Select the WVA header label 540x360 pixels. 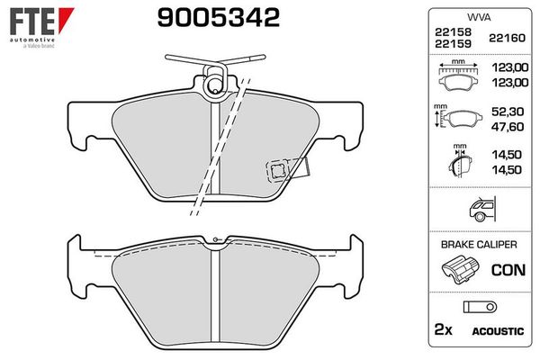point(478,17)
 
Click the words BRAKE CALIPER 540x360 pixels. point(478,244)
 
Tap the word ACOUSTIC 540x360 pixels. point(496,331)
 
